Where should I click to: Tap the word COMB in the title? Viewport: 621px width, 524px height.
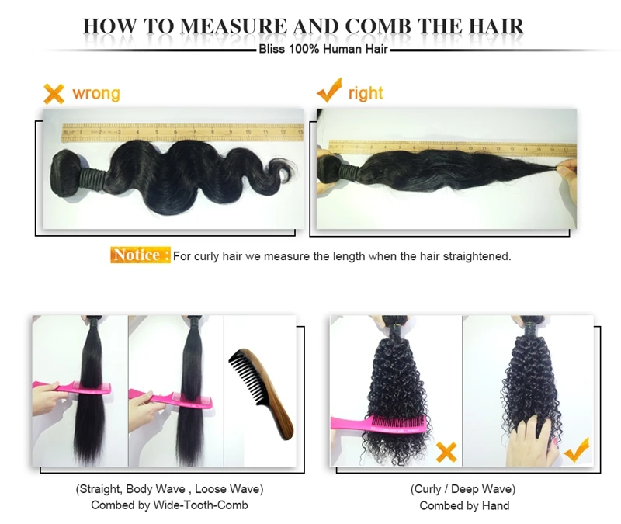coord(378,26)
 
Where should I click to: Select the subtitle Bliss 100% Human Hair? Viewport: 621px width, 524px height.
coord(323,50)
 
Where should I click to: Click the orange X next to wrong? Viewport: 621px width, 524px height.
coord(54,94)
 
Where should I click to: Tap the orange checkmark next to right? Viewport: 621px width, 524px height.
coord(329,90)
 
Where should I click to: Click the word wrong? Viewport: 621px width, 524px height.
coord(96,93)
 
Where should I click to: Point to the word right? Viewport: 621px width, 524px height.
coord(366,93)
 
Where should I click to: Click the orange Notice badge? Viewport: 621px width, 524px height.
coord(141,255)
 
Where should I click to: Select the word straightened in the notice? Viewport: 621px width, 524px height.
coord(477,256)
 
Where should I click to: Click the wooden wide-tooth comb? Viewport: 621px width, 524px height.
coord(262,392)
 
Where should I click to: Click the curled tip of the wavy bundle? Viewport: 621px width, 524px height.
coord(283,170)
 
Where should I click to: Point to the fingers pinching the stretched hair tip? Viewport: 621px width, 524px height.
coord(567,169)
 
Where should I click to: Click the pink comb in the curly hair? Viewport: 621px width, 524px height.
coord(379,424)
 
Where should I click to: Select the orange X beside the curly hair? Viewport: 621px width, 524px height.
coord(446,452)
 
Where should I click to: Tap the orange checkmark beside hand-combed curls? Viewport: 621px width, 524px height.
coord(577,449)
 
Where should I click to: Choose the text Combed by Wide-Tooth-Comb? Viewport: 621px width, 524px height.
coord(169,505)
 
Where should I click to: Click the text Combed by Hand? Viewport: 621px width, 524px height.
coord(464,506)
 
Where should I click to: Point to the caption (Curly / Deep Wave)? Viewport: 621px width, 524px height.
coord(463,490)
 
